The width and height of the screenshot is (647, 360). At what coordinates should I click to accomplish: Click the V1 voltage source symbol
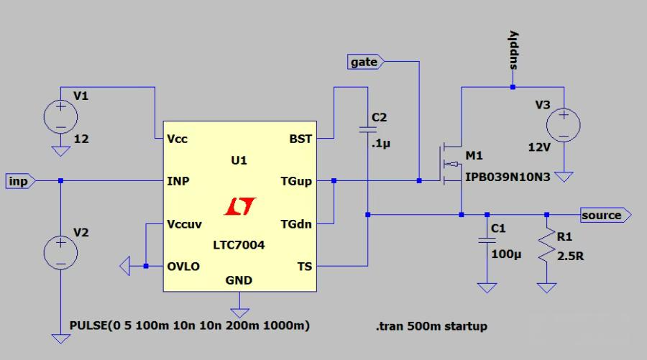(x=61, y=116)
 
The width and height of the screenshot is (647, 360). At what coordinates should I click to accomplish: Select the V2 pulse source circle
(x=61, y=252)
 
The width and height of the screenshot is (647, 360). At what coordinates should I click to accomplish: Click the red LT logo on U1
(x=238, y=207)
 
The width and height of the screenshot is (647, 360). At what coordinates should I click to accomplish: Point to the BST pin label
(x=300, y=139)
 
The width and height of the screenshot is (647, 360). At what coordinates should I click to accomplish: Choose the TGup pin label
(x=296, y=181)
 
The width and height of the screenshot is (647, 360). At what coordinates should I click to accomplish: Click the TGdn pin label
(x=296, y=223)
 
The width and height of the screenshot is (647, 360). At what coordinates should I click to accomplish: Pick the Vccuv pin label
(x=183, y=223)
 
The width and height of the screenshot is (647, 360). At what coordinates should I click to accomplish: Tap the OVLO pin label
(x=183, y=266)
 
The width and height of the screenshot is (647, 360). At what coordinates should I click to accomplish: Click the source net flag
(x=605, y=215)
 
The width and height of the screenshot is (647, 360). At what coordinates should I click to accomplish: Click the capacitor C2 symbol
(x=367, y=129)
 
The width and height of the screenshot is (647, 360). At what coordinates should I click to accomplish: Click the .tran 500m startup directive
(x=431, y=326)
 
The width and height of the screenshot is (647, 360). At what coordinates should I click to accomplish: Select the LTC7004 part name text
(x=239, y=245)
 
